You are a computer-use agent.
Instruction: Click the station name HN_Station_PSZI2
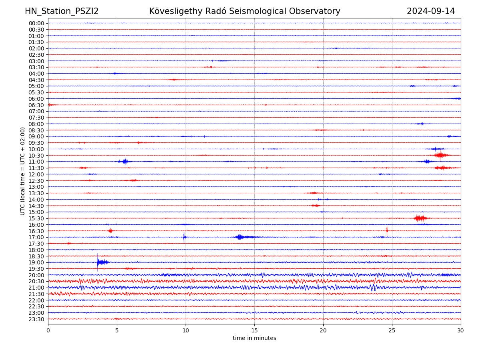coord(62,11)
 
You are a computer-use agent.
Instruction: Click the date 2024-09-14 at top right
coord(431,11)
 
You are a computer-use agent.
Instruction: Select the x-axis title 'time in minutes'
coord(254,338)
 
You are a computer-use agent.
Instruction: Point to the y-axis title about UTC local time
coord(23,171)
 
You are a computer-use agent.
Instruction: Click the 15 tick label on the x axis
coord(254,331)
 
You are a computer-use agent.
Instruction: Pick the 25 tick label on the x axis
coord(392,331)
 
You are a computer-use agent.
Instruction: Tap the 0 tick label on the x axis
coord(48,331)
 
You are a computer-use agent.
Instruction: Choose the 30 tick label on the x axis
coord(461,331)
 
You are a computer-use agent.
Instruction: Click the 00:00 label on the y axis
coord(36,23)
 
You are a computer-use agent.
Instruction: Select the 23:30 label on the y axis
coord(36,319)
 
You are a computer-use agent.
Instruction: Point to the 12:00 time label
coord(36,174)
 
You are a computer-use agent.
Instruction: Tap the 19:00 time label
coord(36,262)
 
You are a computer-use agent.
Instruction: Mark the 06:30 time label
coord(36,105)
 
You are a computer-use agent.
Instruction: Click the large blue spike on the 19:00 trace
coord(98,262)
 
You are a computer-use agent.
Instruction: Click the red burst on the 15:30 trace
coord(420,218)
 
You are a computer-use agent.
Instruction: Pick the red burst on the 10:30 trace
coord(440,155)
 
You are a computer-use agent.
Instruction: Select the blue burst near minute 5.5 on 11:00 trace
coord(125,161)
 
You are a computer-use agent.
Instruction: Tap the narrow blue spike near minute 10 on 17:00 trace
coord(184,237)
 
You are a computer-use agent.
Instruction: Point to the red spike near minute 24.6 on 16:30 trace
coord(387,230)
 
